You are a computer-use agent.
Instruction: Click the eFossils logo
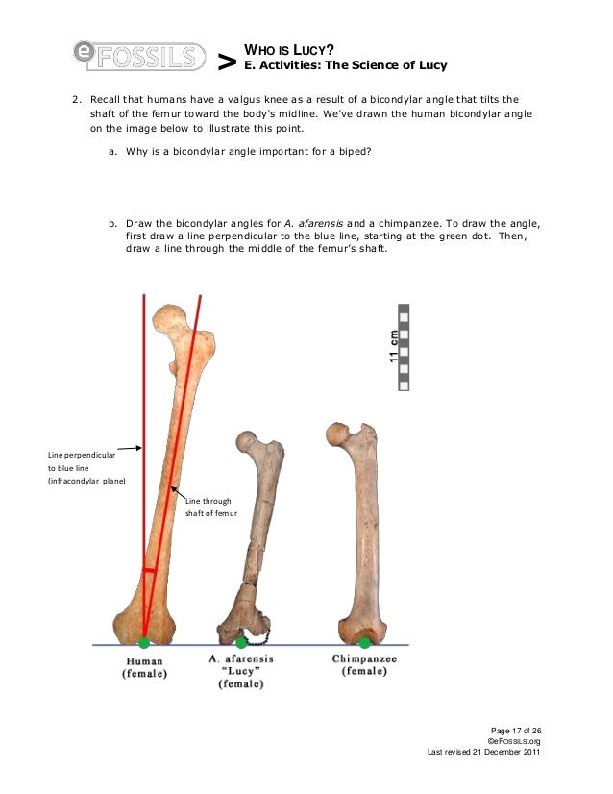(x=139, y=56)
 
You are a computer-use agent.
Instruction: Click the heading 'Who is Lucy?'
(x=289, y=48)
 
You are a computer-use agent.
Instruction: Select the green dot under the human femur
(x=144, y=643)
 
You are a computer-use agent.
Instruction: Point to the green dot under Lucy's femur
(x=241, y=642)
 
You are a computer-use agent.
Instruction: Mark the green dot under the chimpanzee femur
(x=364, y=642)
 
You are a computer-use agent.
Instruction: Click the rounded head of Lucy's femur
(x=247, y=444)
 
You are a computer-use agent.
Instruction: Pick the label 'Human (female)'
(x=144, y=667)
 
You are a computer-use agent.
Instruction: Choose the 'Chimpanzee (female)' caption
(x=364, y=665)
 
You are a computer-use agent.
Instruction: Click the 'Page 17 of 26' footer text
(x=516, y=731)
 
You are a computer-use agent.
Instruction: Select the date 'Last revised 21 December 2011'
(x=484, y=752)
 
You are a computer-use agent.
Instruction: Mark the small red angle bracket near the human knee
(x=150, y=570)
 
